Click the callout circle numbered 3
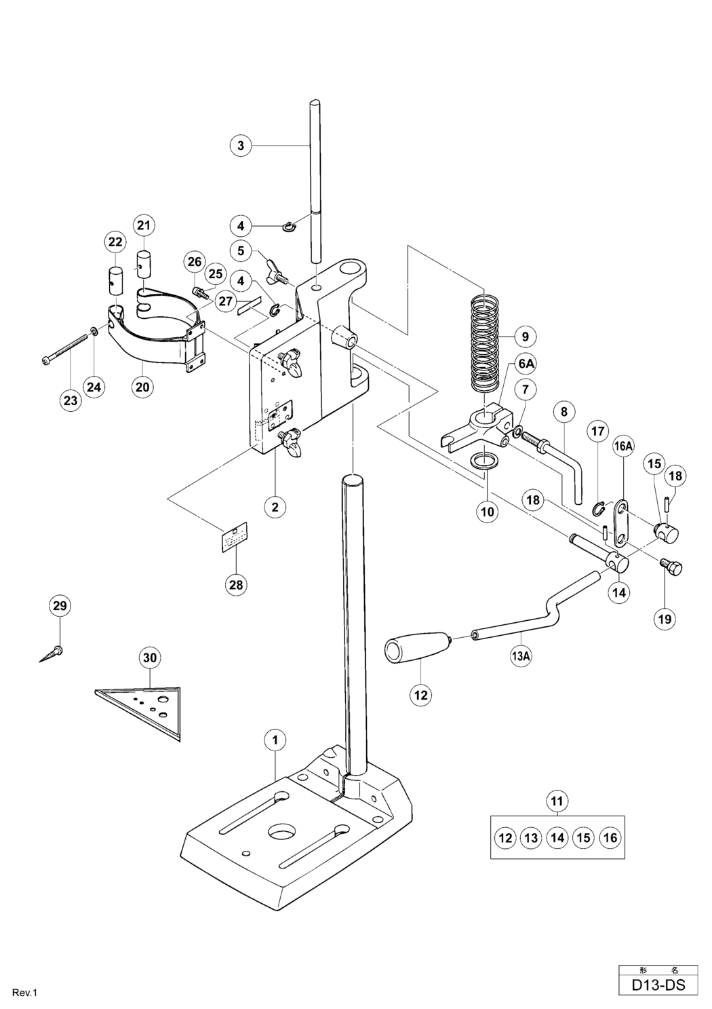[x=241, y=145]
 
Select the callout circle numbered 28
[x=236, y=584]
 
